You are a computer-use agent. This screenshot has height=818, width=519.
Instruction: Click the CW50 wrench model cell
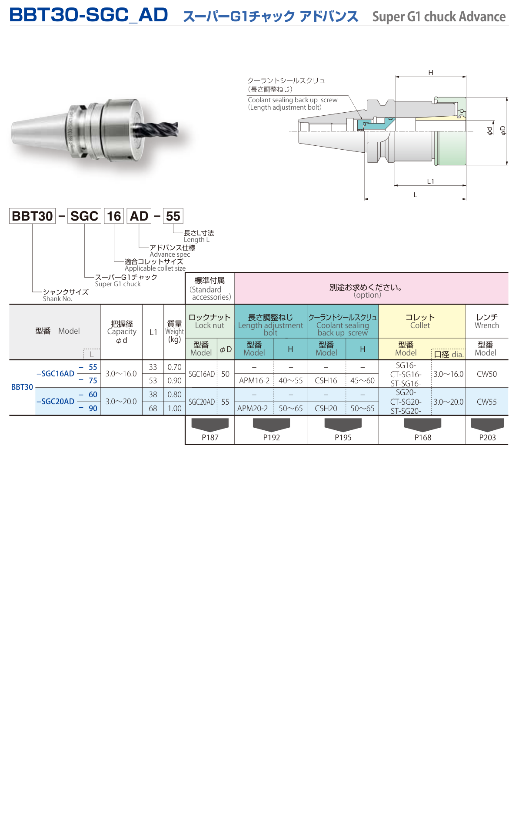[486, 374]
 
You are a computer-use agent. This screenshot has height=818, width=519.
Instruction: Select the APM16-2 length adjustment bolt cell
[254, 381]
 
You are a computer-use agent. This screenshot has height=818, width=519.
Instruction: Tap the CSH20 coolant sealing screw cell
[326, 409]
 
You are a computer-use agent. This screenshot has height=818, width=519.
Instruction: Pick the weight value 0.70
[174, 367]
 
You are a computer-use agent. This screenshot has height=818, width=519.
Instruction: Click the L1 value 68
[153, 409]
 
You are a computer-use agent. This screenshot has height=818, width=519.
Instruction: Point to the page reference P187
[210, 437]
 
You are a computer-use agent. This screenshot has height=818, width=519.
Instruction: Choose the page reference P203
[487, 437]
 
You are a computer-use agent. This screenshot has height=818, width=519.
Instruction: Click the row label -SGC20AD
[56, 401]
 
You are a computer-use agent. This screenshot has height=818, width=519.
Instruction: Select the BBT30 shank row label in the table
[22, 387]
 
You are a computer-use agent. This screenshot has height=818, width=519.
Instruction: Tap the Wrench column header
[486, 321]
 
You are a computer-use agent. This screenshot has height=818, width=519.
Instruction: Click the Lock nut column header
[210, 321]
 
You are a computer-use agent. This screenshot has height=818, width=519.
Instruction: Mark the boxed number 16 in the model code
[114, 216]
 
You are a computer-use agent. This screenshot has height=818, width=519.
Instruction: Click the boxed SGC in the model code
[84, 216]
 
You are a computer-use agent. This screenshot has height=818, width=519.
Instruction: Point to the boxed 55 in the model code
[173, 216]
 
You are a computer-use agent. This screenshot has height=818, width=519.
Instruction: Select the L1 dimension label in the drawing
[430, 181]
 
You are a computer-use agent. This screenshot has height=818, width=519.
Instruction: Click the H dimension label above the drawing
[430, 73]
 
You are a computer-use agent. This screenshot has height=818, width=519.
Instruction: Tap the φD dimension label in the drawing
[503, 130]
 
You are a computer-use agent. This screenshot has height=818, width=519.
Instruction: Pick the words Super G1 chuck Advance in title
[439, 17]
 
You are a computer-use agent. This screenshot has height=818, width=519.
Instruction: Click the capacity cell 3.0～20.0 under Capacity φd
[121, 402]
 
